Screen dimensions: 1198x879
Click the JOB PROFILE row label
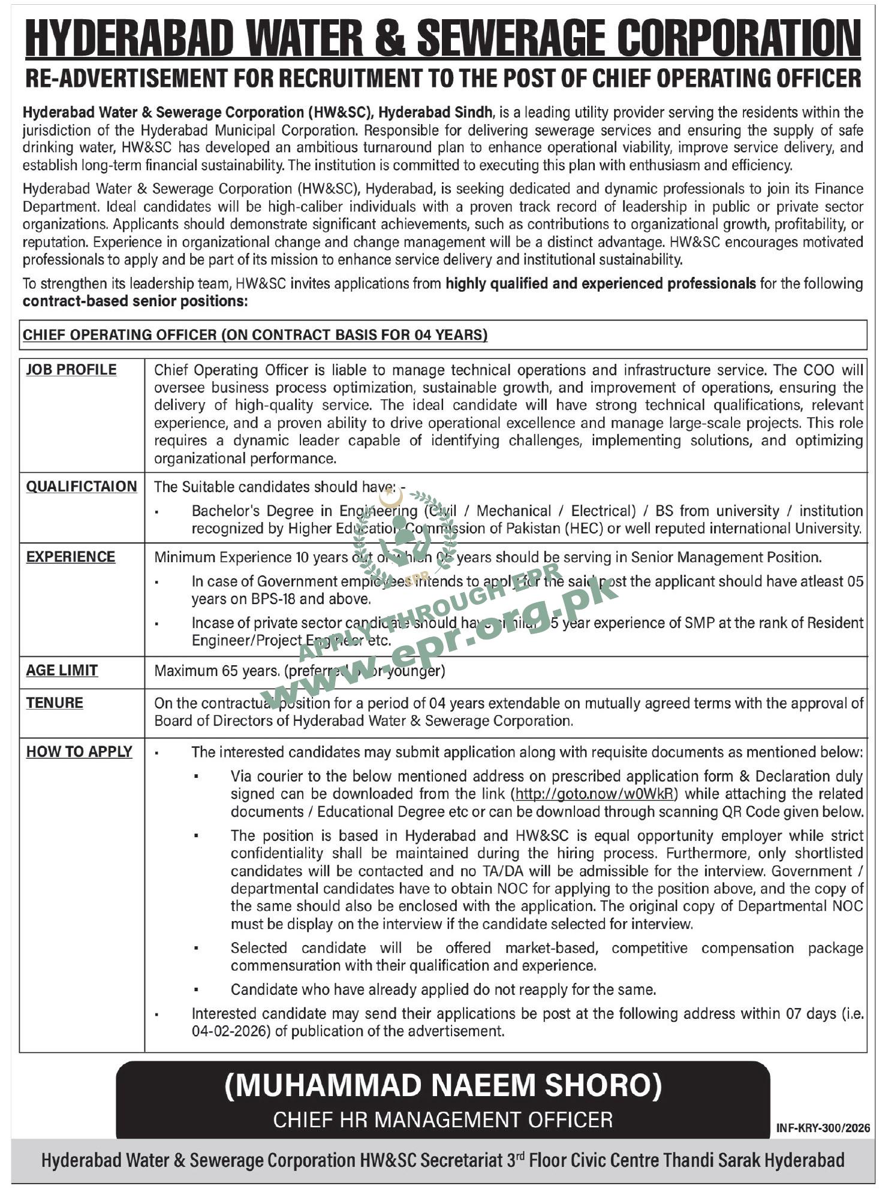pyautogui.click(x=71, y=370)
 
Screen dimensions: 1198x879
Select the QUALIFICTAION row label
pyautogui.click(x=82, y=486)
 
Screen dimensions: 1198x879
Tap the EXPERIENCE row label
pyautogui.click(x=71, y=557)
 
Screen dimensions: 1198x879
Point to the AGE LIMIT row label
pyautogui.click(x=62, y=670)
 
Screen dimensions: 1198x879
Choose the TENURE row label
pyautogui.click(x=55, y=702)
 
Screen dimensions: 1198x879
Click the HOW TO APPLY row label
pyautogui.click(x=79, y=752)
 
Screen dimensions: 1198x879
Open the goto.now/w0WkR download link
pyautogui.click(x=596, y=793)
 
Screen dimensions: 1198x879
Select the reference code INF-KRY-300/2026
pyautogui.click(x=823, y=1128)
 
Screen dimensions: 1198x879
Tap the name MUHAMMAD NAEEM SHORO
pyautogui.click(x=443, y=1087)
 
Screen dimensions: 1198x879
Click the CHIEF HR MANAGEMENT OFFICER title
pyautogui.click(x=443, y=1119)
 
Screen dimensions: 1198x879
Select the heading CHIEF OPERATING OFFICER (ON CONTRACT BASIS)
pyautogui.click(x=255, y=334)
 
